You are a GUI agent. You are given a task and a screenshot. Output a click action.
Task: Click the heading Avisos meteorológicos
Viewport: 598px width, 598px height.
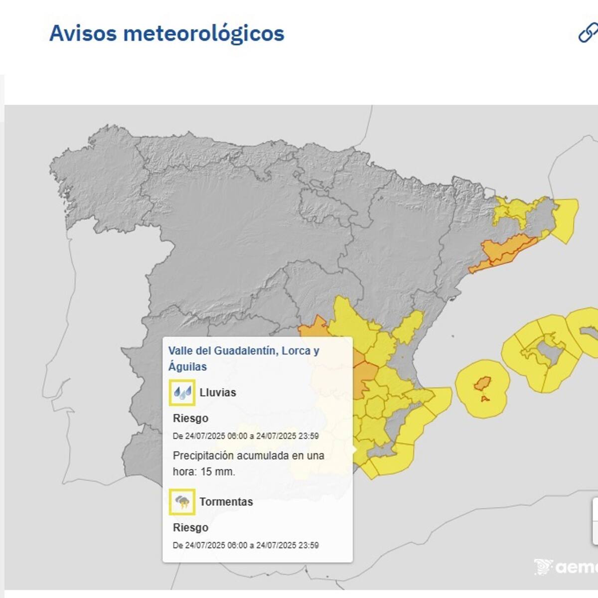(166, 33)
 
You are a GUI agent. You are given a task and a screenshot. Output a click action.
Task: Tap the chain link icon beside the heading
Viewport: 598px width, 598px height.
(588, 33)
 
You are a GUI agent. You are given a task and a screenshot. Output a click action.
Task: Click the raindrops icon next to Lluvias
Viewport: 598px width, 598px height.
(181, 393)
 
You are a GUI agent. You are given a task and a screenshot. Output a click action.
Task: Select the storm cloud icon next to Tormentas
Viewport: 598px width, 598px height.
(181, 502)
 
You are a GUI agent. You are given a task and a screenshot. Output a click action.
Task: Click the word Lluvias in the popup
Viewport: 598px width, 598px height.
(218, 393)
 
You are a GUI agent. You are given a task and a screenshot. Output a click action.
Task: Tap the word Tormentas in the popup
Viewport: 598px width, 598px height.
(226, 502)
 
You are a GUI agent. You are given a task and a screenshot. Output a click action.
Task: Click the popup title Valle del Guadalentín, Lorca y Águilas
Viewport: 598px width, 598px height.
(244, 358)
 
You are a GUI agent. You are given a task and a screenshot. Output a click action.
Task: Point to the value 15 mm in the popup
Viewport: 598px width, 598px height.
(217, 471)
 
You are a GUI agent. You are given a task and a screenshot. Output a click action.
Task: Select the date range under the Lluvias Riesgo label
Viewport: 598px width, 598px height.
(246, 436)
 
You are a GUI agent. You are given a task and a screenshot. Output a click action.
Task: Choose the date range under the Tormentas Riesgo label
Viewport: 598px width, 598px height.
(246, 545)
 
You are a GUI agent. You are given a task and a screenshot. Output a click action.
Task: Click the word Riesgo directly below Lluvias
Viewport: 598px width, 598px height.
(190, 419)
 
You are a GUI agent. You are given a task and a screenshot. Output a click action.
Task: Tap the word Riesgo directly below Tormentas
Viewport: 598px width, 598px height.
(190, 528)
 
